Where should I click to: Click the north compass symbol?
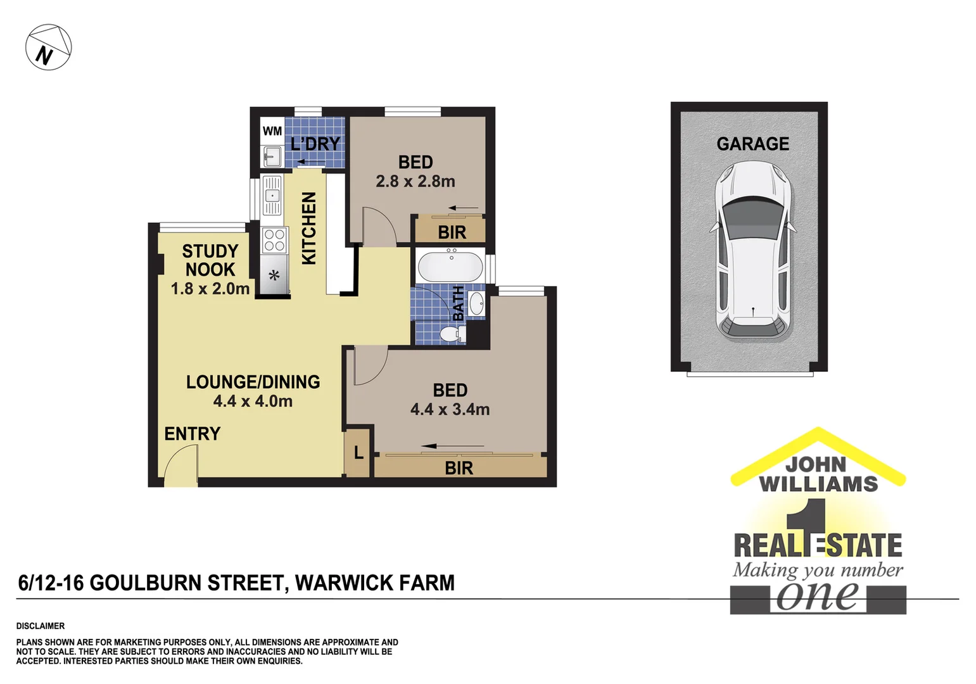48,47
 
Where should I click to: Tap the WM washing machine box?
272,131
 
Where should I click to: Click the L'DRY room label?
315,144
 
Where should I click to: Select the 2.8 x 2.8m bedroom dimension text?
415,182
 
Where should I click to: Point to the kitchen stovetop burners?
274,240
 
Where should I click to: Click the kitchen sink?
272,196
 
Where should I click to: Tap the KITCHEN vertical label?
308,228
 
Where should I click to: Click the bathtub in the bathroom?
450,266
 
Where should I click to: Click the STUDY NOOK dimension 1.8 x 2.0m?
210,289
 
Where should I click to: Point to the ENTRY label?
192,434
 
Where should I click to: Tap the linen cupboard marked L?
358,453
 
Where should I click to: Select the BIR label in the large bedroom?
459,468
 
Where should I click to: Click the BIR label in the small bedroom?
452,232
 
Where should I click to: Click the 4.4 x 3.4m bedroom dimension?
450,410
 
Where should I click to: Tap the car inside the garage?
753,250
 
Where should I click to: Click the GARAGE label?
752,144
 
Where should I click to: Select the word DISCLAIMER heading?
41,626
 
